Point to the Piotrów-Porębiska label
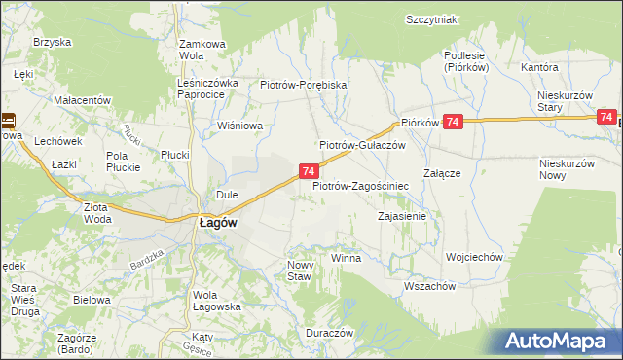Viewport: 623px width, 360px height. pos(304,85)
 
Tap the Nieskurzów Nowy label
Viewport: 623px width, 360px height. pos(566,169)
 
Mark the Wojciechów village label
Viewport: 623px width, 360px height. pos(473,257)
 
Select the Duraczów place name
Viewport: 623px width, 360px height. pos(327,332)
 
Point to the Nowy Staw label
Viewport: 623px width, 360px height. pos(298,270)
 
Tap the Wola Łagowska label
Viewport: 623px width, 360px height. pos(217,301)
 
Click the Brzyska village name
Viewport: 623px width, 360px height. pos(51,42)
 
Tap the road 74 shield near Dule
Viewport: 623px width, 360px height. pos(307,171)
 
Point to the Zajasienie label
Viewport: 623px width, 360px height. pos(402,215)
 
